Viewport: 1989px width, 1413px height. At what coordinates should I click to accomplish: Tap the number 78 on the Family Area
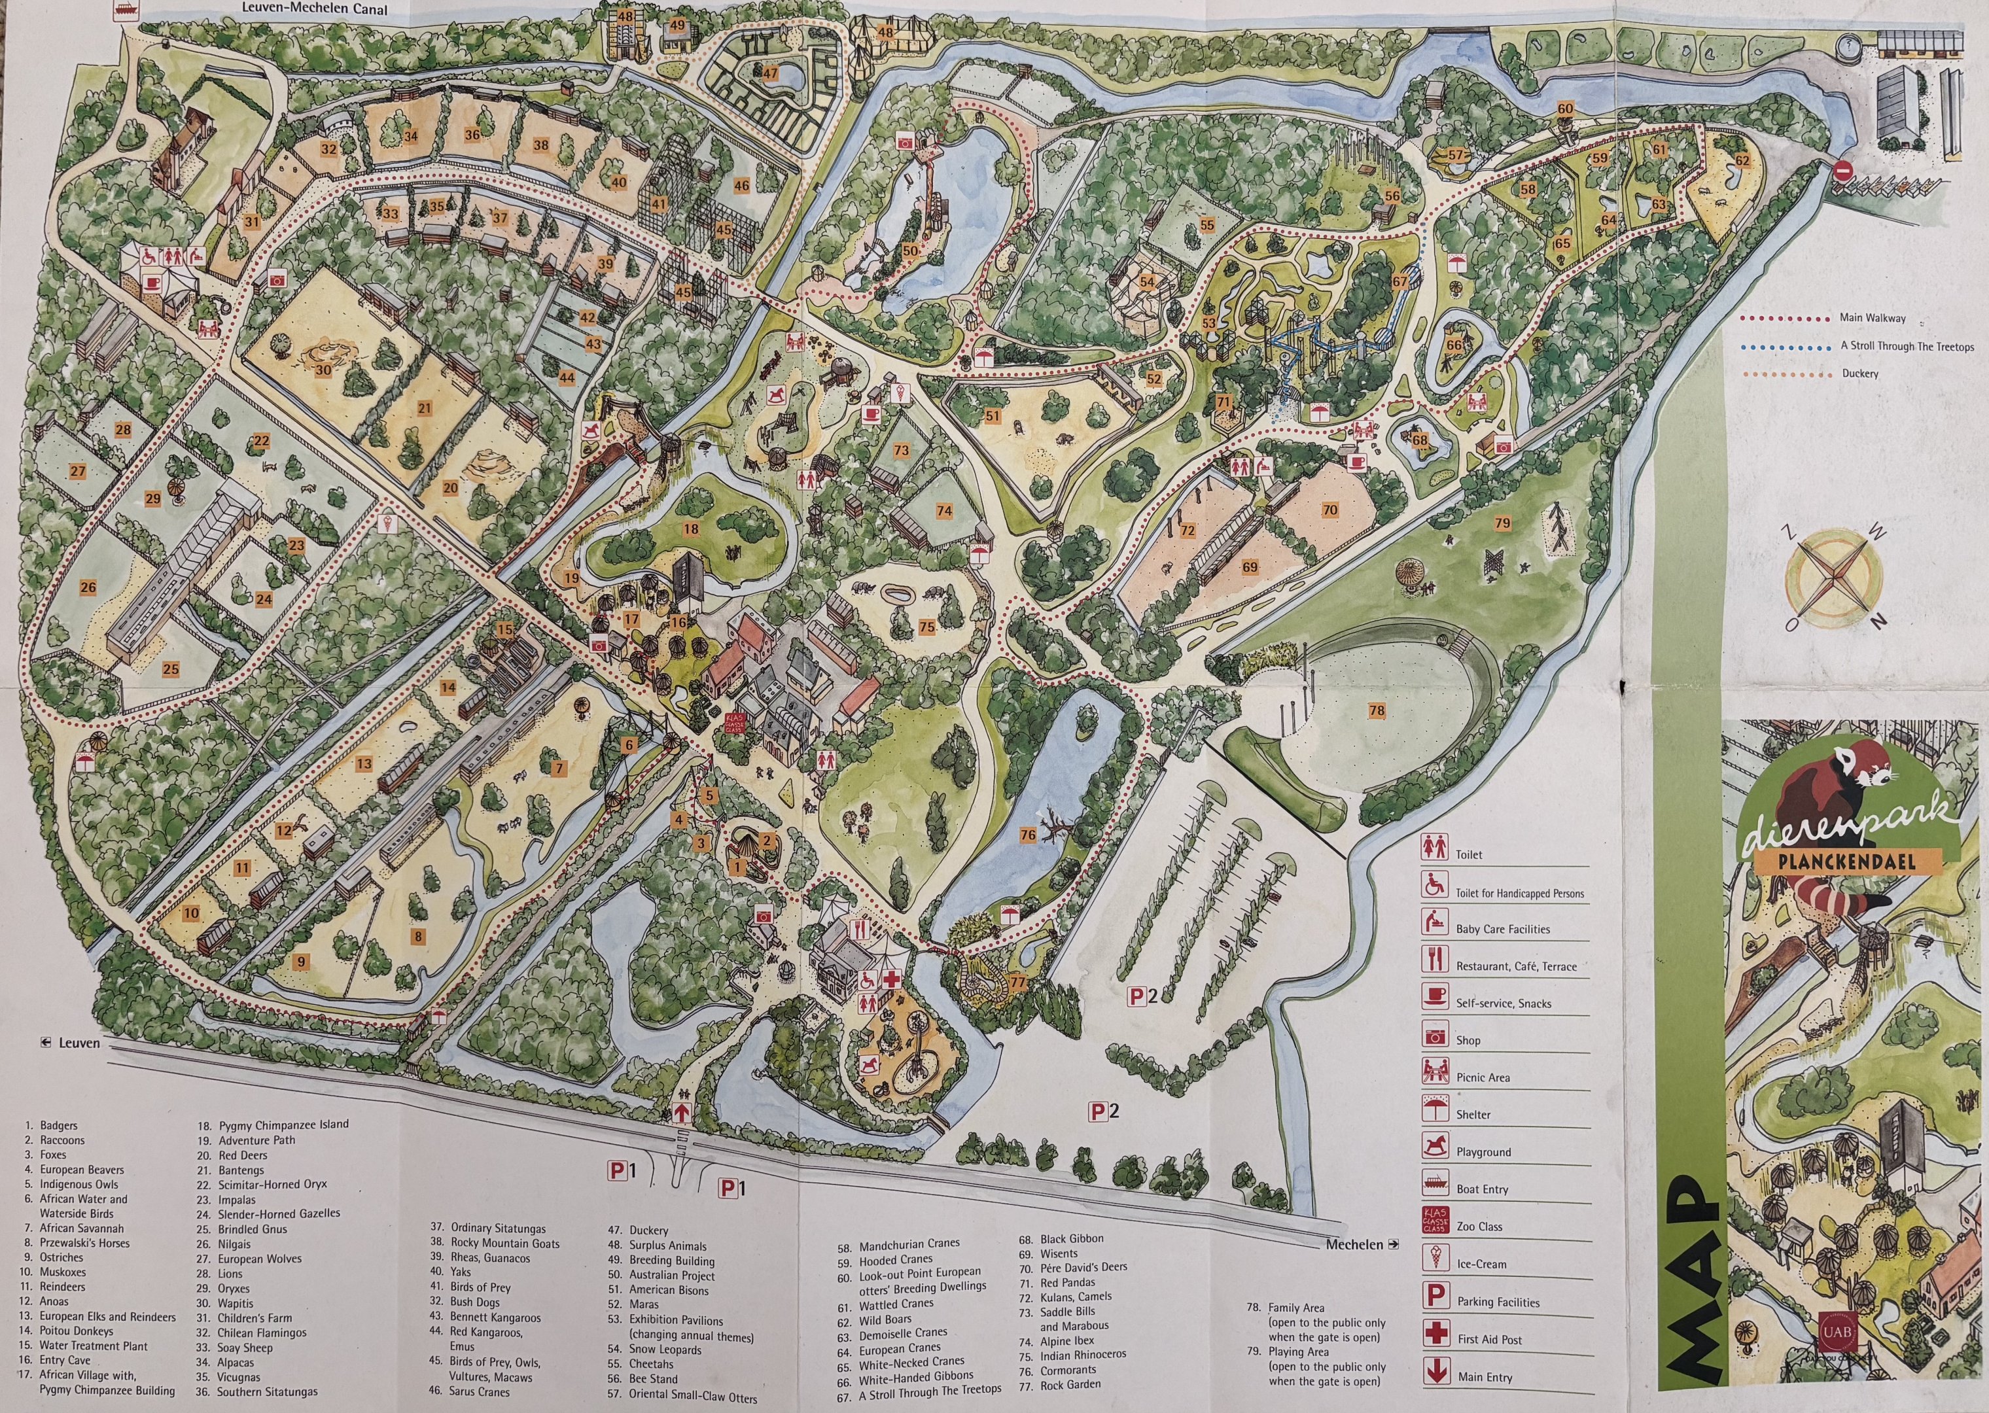1377,711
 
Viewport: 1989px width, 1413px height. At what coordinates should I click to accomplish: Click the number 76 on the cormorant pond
1028,835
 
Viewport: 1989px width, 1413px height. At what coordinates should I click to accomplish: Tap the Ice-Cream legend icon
1434,1258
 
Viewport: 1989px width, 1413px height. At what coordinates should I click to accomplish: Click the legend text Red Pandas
1068,1282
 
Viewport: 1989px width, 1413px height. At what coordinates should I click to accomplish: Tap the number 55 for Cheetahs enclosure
1206,224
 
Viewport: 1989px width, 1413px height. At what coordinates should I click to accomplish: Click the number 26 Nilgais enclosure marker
88,587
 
